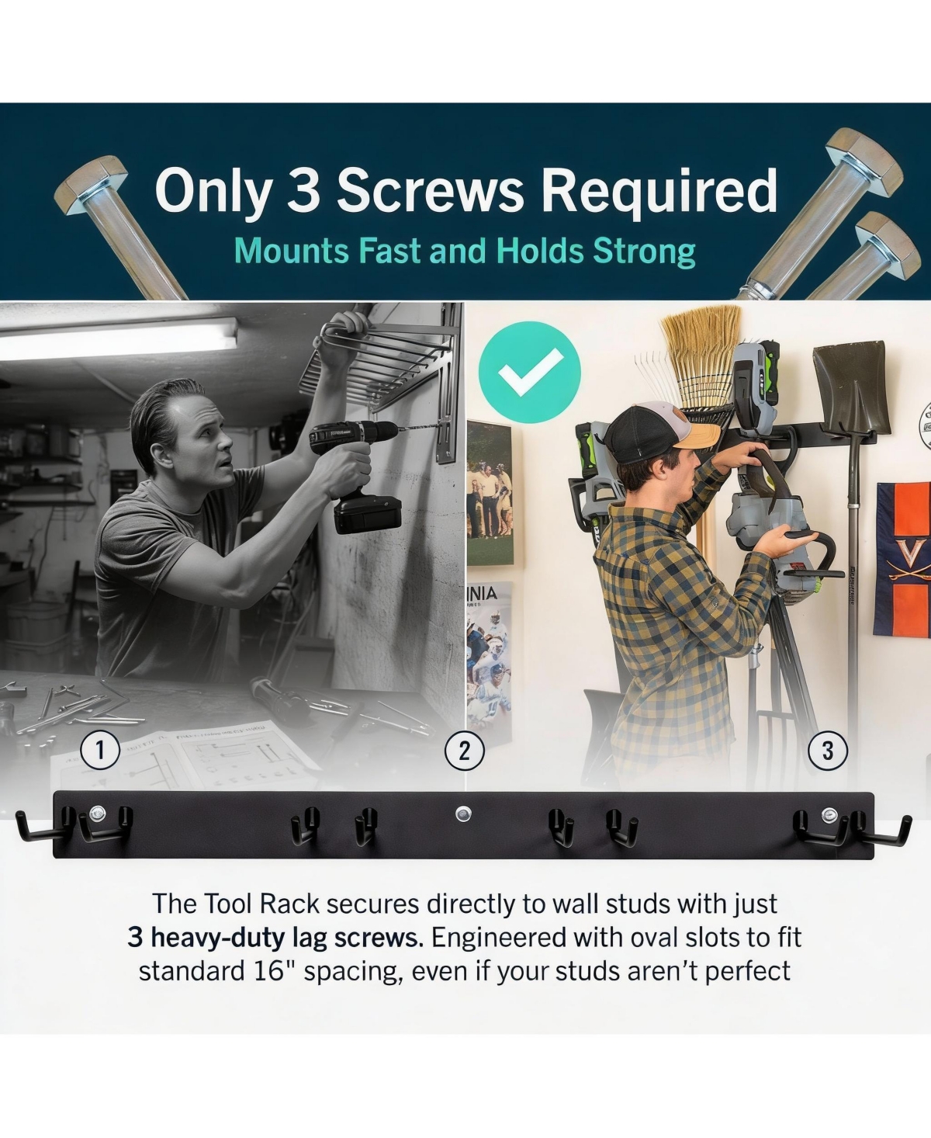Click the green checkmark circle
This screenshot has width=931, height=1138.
(x=529, y=372)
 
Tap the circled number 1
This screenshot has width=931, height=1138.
(x=100, y=751)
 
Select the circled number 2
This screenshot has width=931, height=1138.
(x=465, y=751)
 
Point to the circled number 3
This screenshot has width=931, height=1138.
(x=828, y=751)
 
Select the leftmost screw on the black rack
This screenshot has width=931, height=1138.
(x=98, y=811)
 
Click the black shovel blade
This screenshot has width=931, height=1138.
(x=851, y=389)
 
